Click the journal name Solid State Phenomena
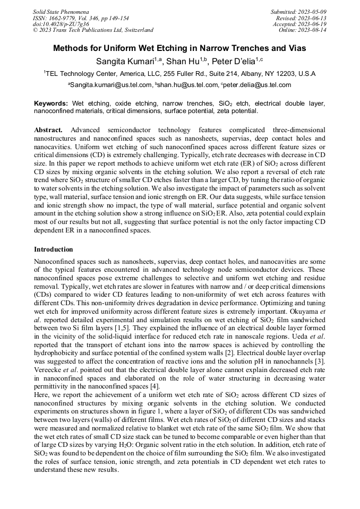61,11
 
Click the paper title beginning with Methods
180,48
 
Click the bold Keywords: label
51,103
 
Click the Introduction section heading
54,249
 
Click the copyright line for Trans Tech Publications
93,30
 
